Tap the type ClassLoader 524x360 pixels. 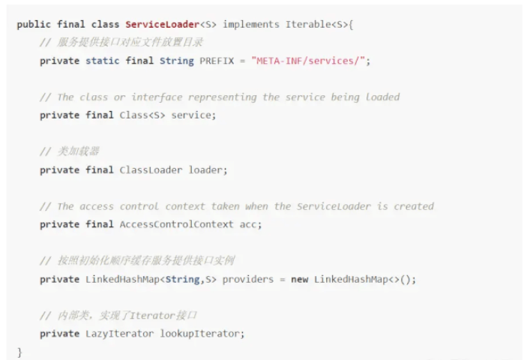click(151, 169)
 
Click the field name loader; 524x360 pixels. click(208, 169)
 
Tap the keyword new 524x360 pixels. click(299, 279)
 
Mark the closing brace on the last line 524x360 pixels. click(20, 352)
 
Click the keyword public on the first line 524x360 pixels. click(34, 25)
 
